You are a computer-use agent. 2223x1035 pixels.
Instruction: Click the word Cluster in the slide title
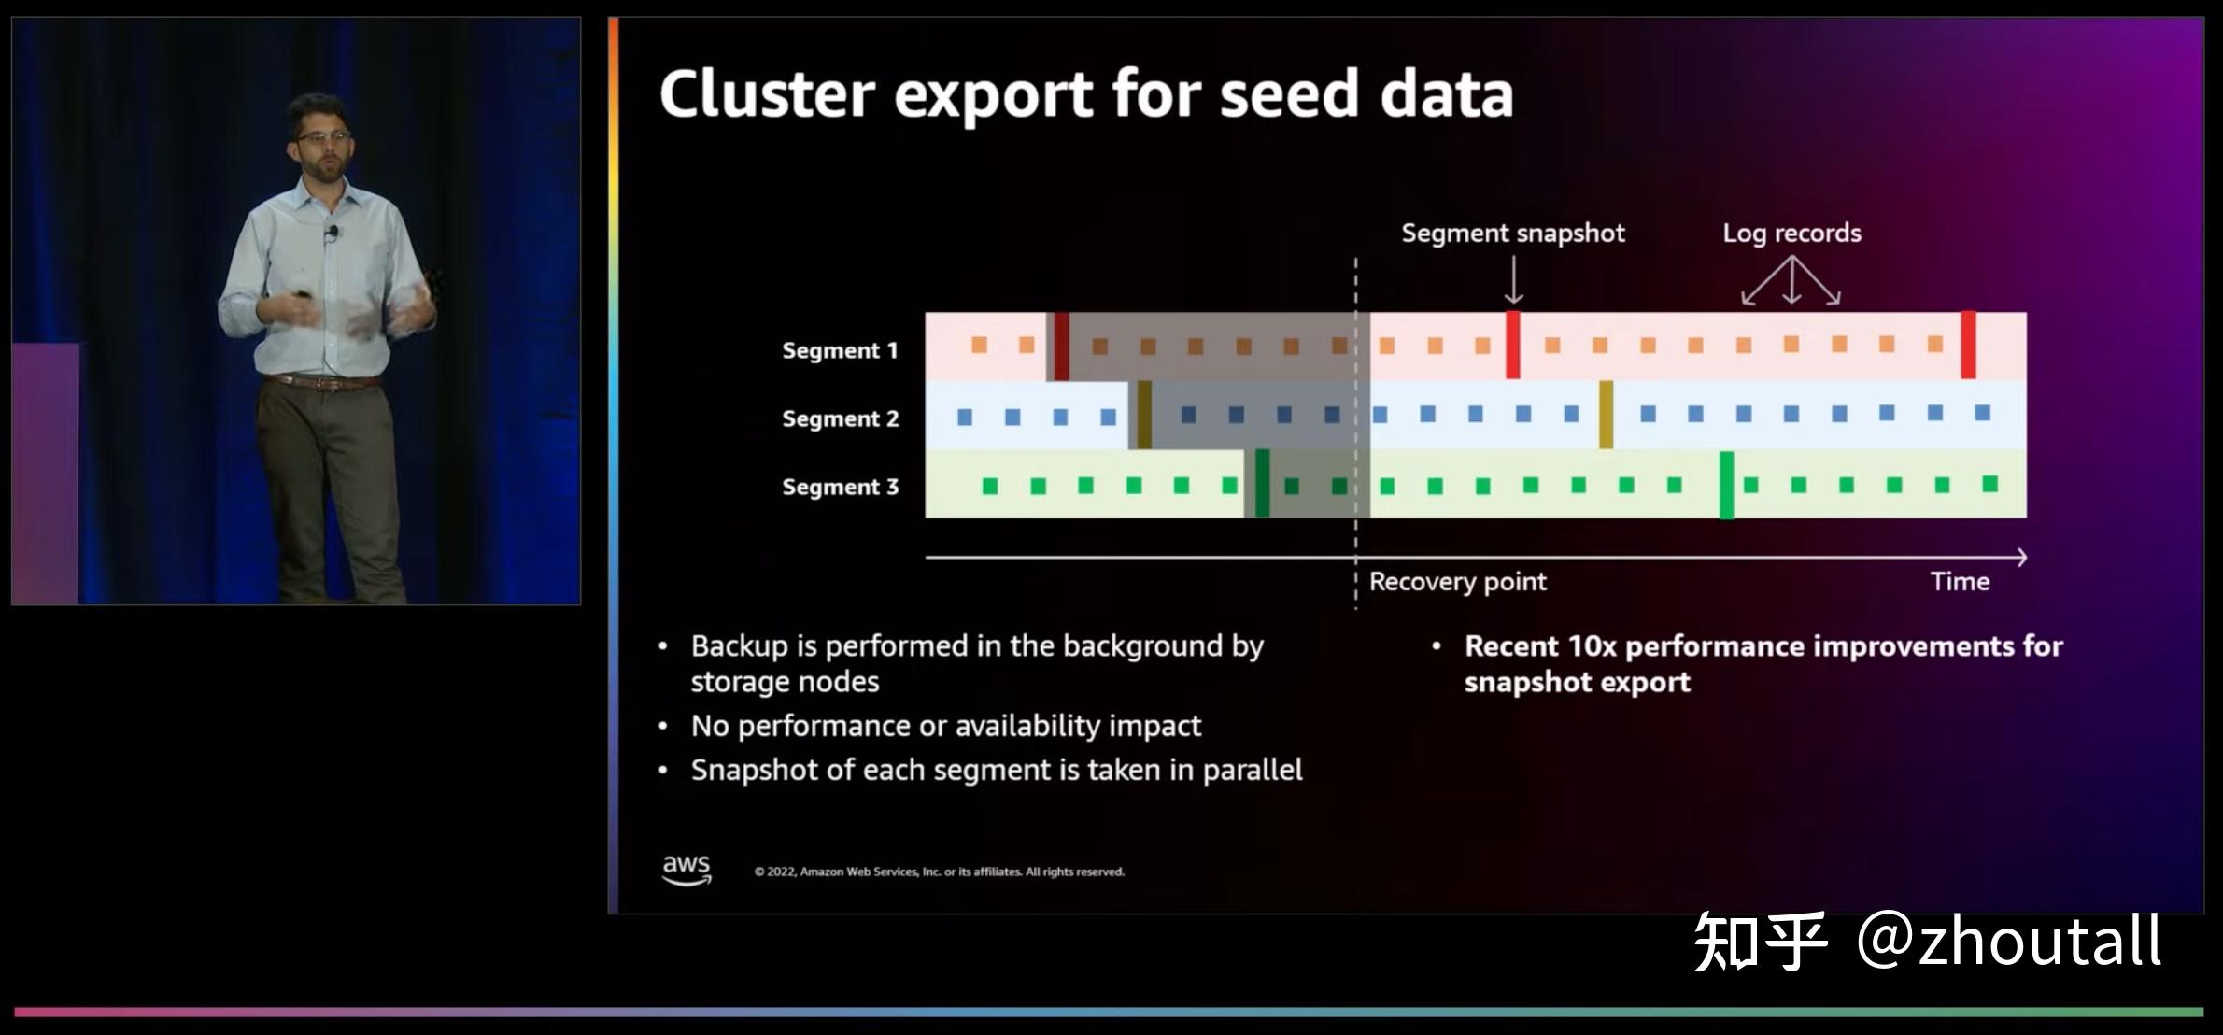click(x=767, y=94)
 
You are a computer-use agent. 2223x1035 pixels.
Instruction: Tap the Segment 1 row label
click(x=839, y=350)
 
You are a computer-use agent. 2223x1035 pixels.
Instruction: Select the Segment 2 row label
click(x=840, y=418)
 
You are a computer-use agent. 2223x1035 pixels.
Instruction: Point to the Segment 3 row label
click(x=840, y=487)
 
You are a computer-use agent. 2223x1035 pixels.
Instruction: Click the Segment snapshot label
click(x=1512, y=233)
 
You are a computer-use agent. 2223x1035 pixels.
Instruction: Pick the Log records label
click(x=1791, y=233)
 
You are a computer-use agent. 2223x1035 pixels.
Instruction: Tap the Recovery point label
click(x=1457, y=582)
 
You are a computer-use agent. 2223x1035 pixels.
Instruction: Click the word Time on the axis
click(x=1960, y=582)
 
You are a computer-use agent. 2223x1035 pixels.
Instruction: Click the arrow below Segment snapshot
click(x=1513, y=280)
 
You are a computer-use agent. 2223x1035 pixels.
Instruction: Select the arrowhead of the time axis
click(x=2020, y=558)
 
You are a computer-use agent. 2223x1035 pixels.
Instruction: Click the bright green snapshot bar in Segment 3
click(x=1727, y=485)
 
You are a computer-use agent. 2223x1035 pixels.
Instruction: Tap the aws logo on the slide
click(x=687, y=869)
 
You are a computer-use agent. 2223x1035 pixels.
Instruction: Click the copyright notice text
click(x=939, y=872)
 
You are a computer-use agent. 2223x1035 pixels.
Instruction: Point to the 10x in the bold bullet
click(x=1592, y=646)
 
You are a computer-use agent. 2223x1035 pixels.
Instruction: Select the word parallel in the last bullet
click(x=1252, y=770)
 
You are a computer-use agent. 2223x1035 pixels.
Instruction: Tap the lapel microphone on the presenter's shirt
click(x=331, y=232)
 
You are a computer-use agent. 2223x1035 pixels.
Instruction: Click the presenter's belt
click(x=322, y=381)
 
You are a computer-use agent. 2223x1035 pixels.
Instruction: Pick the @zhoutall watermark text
click(x=2008, y=942)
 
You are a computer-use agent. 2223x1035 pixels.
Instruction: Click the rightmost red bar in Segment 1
click(x=1968, y=345)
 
